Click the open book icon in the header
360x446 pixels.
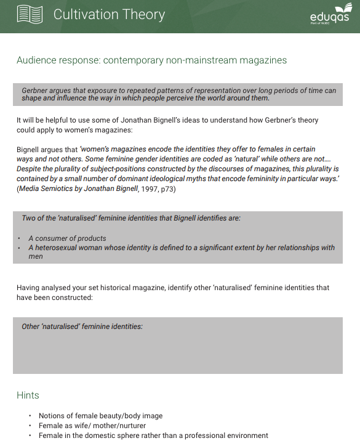click(30, 14)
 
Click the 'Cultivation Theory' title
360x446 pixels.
click(109, 15)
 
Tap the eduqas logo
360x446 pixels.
click(330, 15)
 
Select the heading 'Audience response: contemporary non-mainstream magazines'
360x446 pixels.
click(151, 60)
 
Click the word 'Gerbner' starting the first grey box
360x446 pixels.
click(35, 91)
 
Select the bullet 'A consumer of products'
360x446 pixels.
click(67, 238)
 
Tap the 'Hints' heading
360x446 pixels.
click(28, 395)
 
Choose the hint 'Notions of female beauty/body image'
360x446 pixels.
click(100, 416)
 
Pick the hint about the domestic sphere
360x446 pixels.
click(153, 436)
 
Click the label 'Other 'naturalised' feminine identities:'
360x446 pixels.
click(82, 326)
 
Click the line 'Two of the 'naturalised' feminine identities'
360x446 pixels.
click(131, 218)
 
